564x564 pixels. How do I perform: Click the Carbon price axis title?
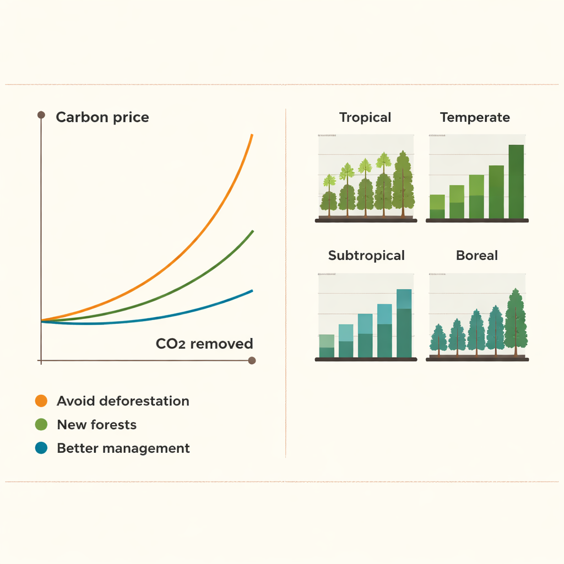(x=102, y=117)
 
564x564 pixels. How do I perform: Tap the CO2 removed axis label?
(x=204, y=344)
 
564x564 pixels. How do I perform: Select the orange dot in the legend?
(x=41, y=401)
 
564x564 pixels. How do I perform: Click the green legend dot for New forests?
(x=41, y=425)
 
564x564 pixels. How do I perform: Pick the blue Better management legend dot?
(x=41, y=448)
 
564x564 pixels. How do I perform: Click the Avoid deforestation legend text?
(x=123, y=401)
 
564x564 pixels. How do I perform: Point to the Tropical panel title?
(x=365, y=117)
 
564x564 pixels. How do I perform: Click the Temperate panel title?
(x=475, y=117)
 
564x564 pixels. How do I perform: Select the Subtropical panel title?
(x=366, y=256)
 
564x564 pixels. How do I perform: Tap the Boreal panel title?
(x=477, y=256)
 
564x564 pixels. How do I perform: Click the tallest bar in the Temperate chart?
(x=516, y=182)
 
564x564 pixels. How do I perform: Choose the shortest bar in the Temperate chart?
(x=437, y=207)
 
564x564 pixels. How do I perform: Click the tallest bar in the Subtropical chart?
(x=404, y=324)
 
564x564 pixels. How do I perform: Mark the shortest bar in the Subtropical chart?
(x=327, y=346)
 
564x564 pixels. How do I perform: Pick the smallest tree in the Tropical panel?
(x=329, y=197)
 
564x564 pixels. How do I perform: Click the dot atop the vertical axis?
(x=41, y=115)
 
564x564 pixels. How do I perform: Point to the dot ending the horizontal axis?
(x=252, y=361)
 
